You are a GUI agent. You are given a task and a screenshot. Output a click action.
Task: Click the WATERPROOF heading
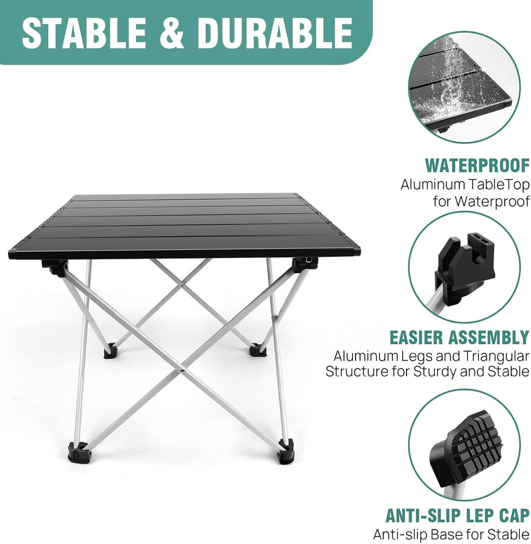477,166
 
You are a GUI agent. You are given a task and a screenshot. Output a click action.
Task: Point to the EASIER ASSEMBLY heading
460,337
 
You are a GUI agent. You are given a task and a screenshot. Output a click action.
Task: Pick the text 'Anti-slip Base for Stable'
451,534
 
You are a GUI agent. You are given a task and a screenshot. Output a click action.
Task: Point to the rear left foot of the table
110,351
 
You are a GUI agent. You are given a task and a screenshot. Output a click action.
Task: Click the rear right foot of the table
257,350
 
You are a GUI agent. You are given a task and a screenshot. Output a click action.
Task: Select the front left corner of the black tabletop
9,255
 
